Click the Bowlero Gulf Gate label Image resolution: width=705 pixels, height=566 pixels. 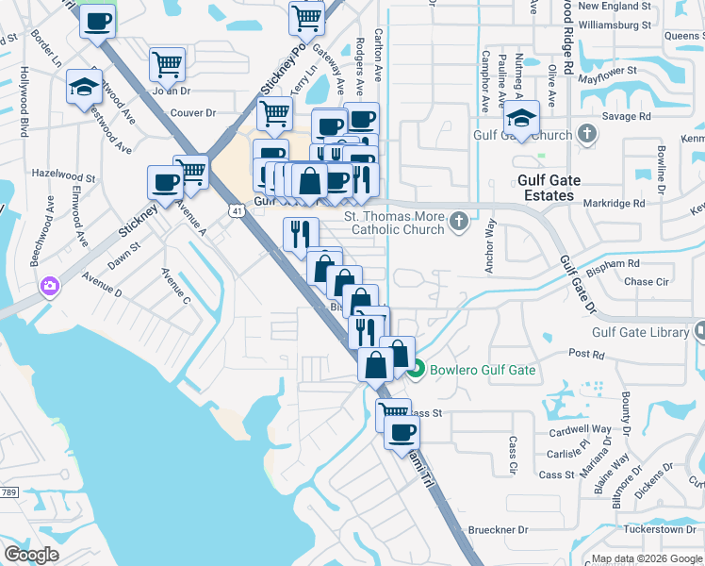(483, 370)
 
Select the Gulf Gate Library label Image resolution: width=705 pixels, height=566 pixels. (641, 332)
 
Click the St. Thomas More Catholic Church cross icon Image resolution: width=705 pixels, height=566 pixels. (459, 222)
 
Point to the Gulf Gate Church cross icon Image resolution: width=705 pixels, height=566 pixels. (586, 134)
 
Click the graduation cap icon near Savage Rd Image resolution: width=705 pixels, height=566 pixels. (520, 117)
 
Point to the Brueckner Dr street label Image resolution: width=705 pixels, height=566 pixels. (497, 530)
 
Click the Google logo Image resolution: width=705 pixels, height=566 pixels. (31, 555)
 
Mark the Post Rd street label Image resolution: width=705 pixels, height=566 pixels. (585, 354)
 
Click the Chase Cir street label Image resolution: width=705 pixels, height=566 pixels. (646, 281)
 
